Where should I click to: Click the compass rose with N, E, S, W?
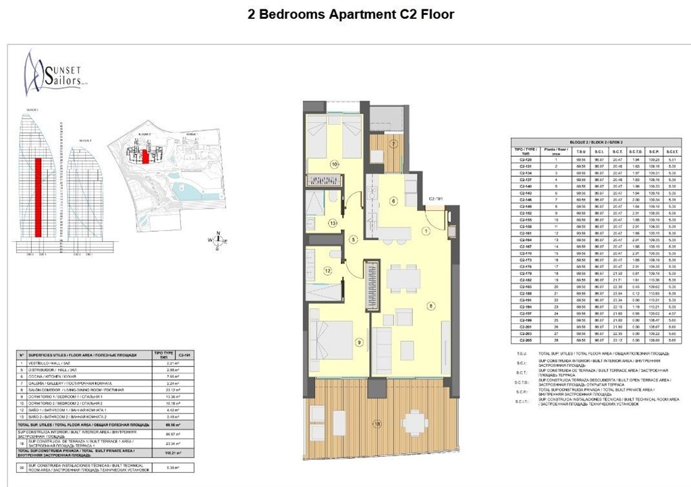[x=217, y=239]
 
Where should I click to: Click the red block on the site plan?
[x=144, y=157]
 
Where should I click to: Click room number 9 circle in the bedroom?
[x=359, y=342]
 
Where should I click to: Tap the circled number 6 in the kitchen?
[x=393, y=201]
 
